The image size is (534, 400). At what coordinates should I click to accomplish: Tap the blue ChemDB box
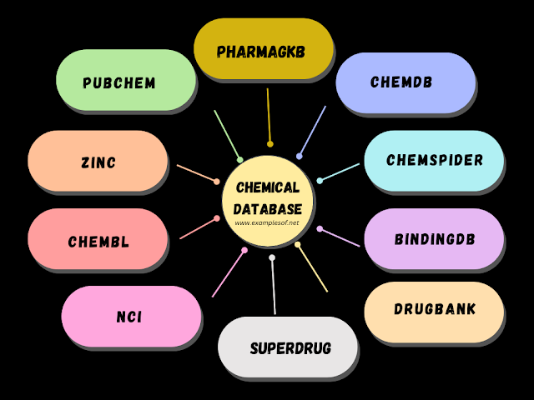tap(405, 82)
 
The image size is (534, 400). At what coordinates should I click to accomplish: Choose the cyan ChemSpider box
tap(434, 160)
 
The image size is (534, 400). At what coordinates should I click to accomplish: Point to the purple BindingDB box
tap(434, 239)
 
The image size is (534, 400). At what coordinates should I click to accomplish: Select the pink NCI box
tap(130, 316)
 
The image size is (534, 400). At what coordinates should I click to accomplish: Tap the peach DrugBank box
tap(434, 309)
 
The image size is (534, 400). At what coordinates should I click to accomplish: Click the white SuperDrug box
tap(288, 347)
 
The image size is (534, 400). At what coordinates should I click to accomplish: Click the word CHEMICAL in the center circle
tap(267, 188)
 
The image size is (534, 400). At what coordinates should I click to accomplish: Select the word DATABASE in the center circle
tap(267, 208)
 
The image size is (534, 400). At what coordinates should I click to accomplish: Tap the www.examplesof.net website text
tap(267, 222)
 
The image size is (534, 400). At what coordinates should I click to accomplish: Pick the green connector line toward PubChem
tap(227, 134)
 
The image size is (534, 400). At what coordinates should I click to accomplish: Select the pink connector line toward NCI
tap(229, 272)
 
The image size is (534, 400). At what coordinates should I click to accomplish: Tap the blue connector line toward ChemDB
tap(312, 131)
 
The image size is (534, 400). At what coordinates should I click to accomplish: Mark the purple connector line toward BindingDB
tap(340, 237)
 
